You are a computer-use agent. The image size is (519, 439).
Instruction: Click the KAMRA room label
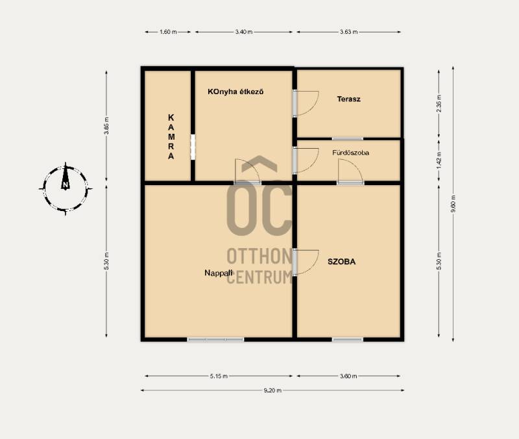tap(171, 136)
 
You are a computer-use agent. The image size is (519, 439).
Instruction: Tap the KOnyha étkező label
tap(235, 92)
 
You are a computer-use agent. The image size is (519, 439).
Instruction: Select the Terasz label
tap(348, 99)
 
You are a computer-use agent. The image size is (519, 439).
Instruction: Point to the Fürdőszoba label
tap(350, 153)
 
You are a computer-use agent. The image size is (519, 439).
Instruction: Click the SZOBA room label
tap(342, 262)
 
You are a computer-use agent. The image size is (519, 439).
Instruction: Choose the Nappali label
tap(219, 273)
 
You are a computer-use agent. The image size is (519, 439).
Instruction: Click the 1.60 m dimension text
tap(168, 32)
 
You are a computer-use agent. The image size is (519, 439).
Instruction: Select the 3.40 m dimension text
tap(244, 32)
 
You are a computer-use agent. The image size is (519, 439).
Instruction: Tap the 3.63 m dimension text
tap(349, 32)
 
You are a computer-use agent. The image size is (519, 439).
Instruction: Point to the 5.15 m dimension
tap(219, 376)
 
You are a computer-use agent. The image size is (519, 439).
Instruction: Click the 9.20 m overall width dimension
tap(272, 390)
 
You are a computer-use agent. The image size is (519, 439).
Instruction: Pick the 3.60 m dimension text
tap(348, 376)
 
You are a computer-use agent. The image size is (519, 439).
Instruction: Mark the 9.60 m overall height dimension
tap(453, 203)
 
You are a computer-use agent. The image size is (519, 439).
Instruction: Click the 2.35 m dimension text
tap(439, 103)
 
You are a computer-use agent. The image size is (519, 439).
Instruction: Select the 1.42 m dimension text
tap(439, 160)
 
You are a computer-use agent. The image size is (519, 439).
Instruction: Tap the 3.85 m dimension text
tap(106, 126)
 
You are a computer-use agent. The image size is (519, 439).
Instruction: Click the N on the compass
tap(66, 185)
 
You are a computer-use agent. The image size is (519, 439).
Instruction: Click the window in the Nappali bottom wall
tap(215, 340)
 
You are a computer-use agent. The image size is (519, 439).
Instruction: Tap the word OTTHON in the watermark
tap(259, 256)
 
